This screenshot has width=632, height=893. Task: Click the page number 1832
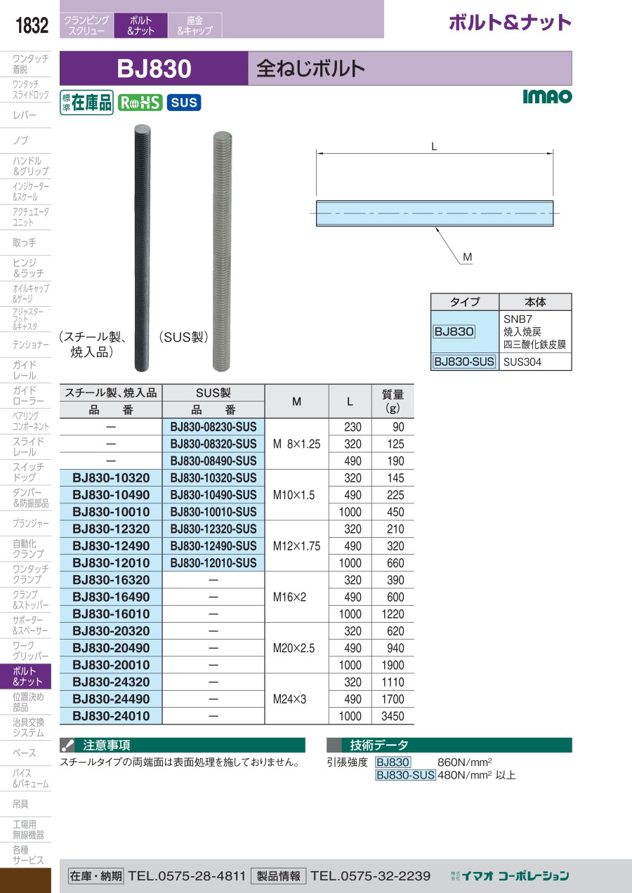point(32,25)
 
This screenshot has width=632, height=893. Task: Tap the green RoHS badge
point(140,102)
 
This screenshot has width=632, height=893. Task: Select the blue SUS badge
point(184,102)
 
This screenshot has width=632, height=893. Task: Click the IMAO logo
point(547,96)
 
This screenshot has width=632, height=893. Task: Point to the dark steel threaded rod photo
point(142,248)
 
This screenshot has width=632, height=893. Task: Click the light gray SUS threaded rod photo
point(222,251)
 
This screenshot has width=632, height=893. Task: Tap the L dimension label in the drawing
point(434,147)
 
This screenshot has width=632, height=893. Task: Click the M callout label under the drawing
point(467,257)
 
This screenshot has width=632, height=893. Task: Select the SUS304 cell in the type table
point(522,362)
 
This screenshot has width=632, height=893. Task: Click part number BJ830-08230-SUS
point(213,427)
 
